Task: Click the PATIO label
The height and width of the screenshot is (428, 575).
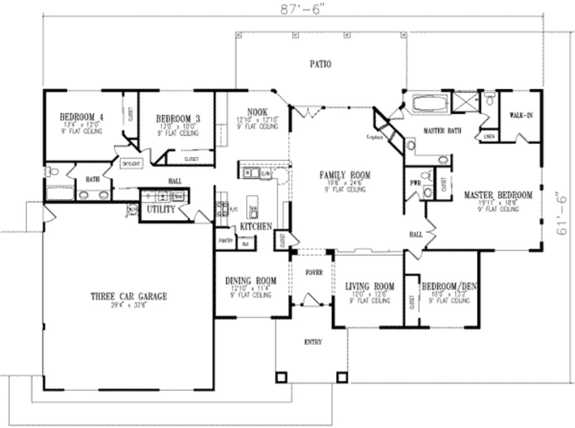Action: click(320, 64)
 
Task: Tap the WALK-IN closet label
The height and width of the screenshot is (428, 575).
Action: click(521, 115)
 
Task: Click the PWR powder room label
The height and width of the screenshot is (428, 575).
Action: click(415, 182)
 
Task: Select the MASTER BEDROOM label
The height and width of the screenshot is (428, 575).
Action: click(498, 195)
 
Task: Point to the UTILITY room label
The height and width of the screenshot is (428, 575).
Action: click(161, 209)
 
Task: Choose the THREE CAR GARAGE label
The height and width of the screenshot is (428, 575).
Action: click(129, 297)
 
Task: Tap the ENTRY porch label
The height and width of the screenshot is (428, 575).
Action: click(313, 342)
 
